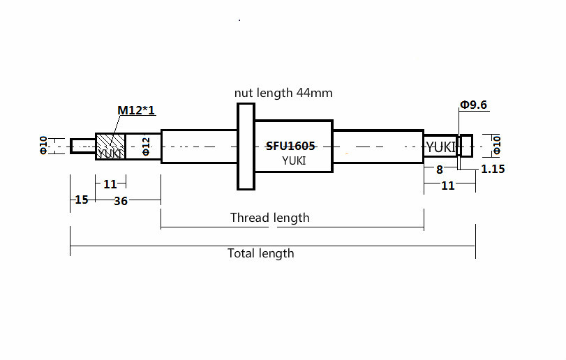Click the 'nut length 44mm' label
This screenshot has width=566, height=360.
click(283, 93)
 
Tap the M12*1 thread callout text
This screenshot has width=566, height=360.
click(136, 110)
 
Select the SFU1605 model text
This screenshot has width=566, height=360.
click(290, 146)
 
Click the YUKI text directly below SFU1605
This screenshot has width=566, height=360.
click(294, 160)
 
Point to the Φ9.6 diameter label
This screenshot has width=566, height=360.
click(473, 105)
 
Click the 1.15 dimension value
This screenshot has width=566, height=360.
click(493, 169)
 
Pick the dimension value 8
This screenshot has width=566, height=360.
click(439, 170)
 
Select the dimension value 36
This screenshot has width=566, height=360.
click(121, 201)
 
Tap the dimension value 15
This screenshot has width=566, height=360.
click(82, 200)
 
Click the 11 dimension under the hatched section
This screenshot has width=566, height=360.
click(110, 184)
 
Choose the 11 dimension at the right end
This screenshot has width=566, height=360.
click(448, 186)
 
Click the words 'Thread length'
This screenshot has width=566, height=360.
click(269, 218)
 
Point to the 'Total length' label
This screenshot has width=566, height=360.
click(260, 253)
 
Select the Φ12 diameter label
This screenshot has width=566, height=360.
click(146, 146)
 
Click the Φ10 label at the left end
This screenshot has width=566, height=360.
click(43, 145)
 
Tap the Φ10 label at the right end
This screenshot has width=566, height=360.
click(497, 145)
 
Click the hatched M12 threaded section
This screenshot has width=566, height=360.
click(110, 146)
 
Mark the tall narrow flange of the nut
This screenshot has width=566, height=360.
click(246, 147)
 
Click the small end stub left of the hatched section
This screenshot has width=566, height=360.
click(83, 146)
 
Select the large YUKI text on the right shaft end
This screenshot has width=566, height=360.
click(441, 147)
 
